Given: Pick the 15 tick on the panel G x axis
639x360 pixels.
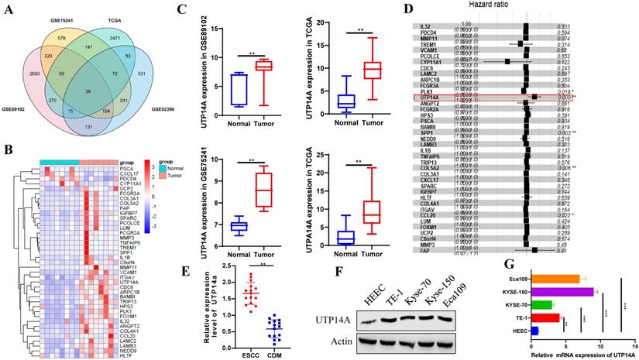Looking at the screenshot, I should point(634,346).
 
